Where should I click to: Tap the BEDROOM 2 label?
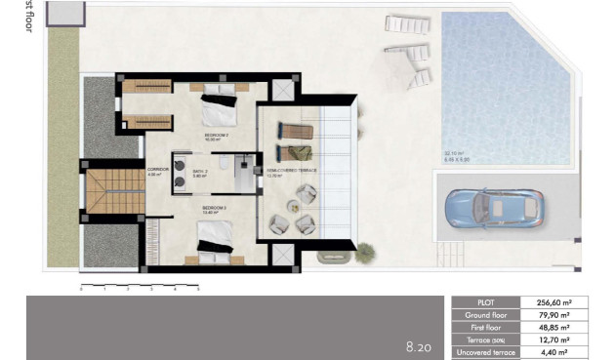coord(216,136)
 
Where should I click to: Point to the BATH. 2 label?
coord(199,170)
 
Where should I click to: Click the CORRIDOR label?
coord(158,170)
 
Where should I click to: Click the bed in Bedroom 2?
coord(219,109)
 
